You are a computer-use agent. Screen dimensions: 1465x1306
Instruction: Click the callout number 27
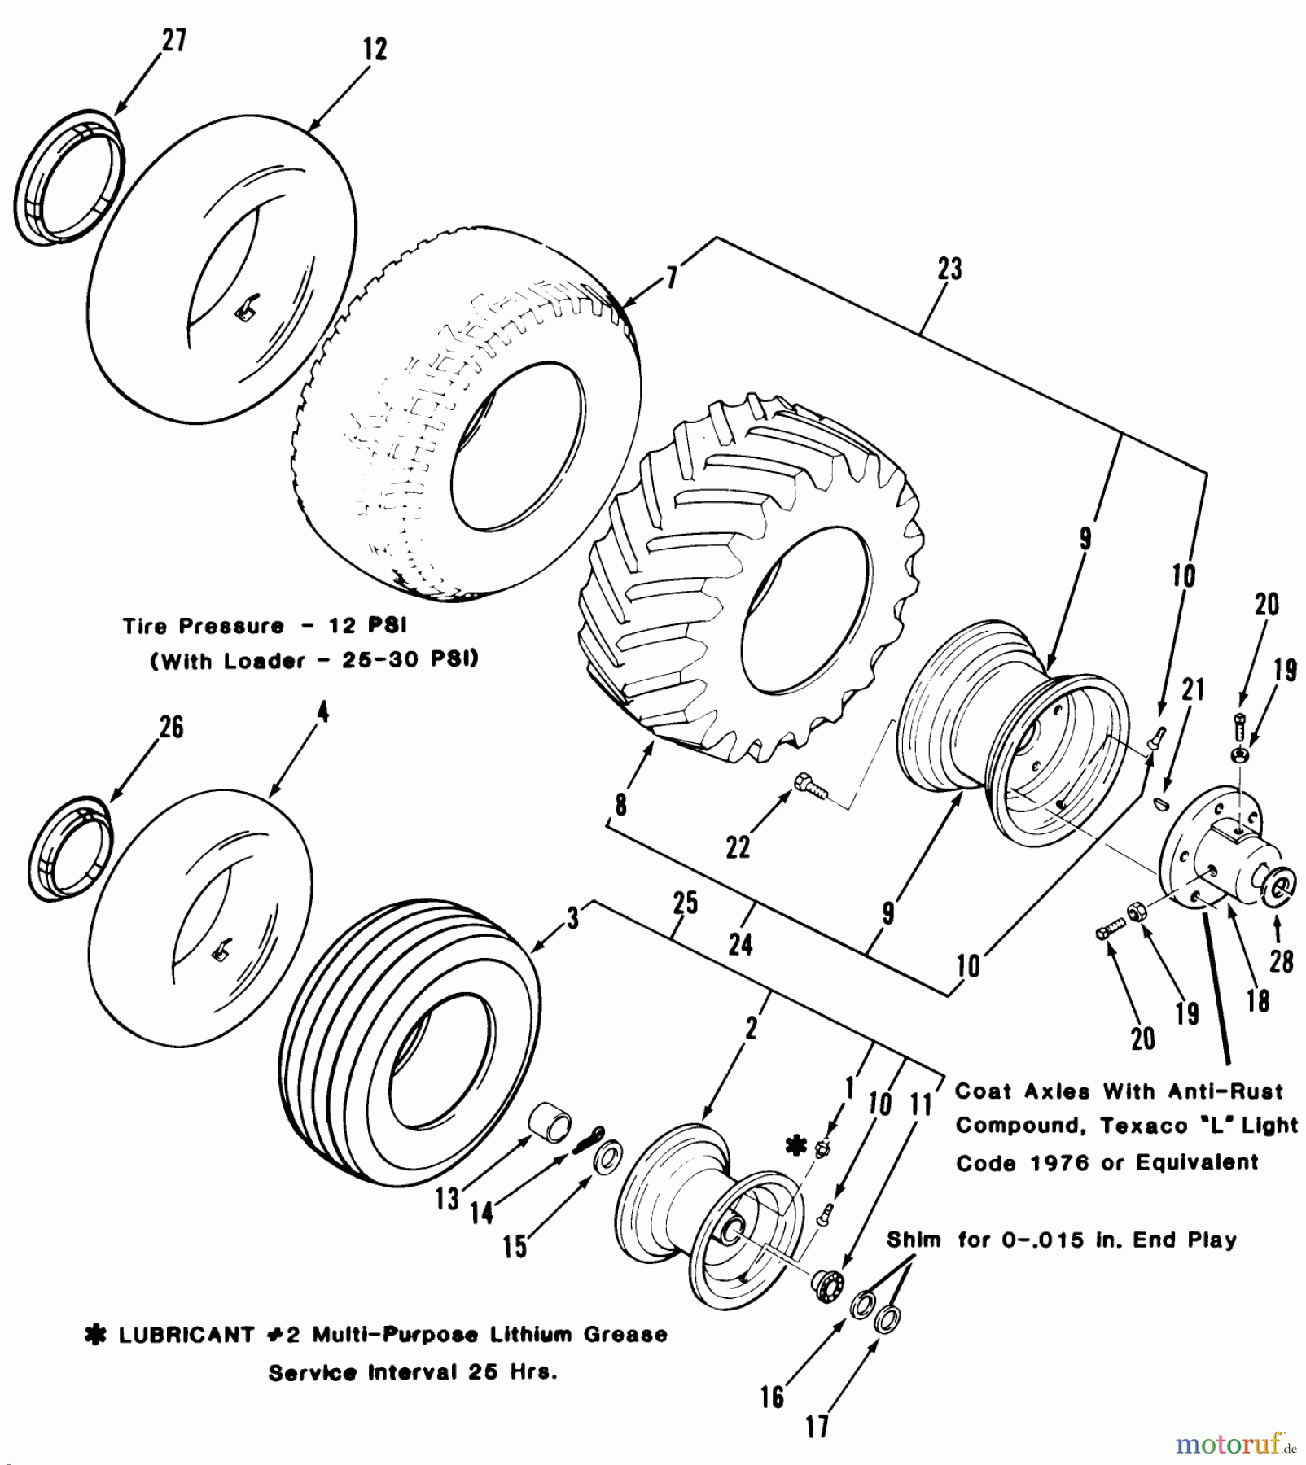pyautogui.click(x=173, y=40)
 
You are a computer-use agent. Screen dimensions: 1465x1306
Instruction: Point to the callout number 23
pyautogui.click(x=949, y=269)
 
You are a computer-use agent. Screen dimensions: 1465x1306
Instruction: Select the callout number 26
pyautogui.click(x=171, y=727)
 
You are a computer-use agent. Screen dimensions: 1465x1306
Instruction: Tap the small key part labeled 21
pyautogui.click(x=1163, y=804)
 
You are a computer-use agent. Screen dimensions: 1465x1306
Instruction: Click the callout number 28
pyautogui.click(x=1281, y=962)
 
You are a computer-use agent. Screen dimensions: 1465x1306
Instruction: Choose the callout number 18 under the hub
pyautogui.click(x=1258, y=1000)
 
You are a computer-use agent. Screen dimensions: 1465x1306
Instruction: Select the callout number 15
pyautogui.click(x=515, y=1247)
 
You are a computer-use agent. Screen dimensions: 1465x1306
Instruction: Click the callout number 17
pyautogui.click(x=817, y=1426)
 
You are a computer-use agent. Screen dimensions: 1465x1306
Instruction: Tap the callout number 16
pyautogui.click(x=772, y=1398)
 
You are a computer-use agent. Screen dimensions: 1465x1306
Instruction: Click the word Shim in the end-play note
pyautogui.click(x=914, y=1240)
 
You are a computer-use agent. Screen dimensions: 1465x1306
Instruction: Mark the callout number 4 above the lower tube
pyautogui.click(x=323, y=713)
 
